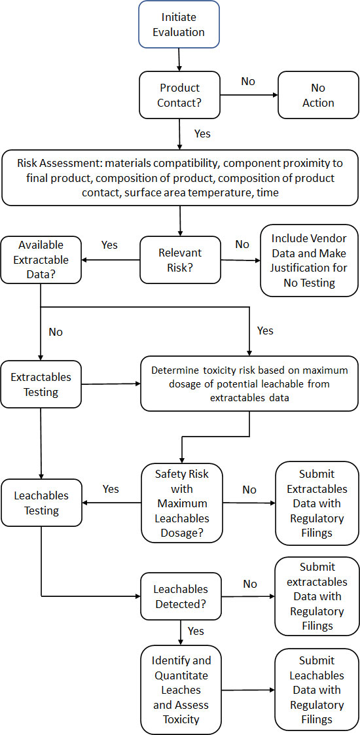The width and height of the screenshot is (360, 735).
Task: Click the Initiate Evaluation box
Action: pyautogui.click(x=179, y=24)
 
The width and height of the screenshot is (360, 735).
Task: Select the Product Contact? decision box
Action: pyautogui.click(x=179, y=96)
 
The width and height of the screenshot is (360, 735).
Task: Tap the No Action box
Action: pyautogui.click(x=318, y=96)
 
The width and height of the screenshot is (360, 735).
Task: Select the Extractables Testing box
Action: pyautogui.click(x=41, y=385)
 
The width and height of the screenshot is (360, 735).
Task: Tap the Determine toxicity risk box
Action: pyautogui.click(x=249, y=383)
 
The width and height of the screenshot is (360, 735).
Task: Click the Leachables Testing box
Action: pyautogui.click(x=41, y=503)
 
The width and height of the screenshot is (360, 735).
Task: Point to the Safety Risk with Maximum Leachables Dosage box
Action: pyautogui.click(x=181, y=503)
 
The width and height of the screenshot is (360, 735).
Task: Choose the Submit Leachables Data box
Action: pyautogui.click(x=316, y=689)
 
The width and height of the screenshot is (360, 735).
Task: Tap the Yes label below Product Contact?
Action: pyautogui.click(x=202, y=134)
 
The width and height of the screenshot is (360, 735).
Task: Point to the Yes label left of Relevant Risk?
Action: pyautogui.click(x=109, y=244)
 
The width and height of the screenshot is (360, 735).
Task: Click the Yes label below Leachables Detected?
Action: pyautogui.click(x=195, y=631)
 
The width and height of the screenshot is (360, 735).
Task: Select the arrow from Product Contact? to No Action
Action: pyautogui.click(x=249, y=96)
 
